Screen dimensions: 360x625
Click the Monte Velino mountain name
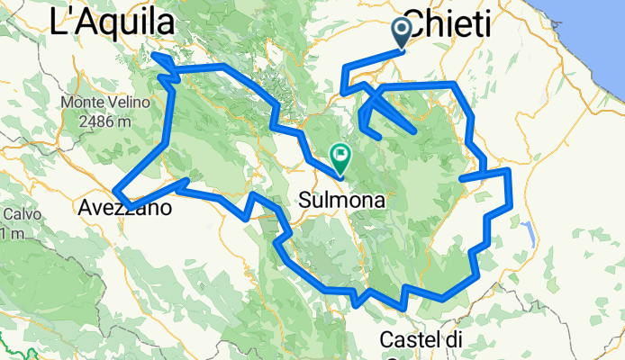[97, 103]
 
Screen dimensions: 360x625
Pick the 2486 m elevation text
[98, 121]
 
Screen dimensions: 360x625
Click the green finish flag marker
[340, 155]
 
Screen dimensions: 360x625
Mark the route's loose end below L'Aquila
[154, 56]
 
